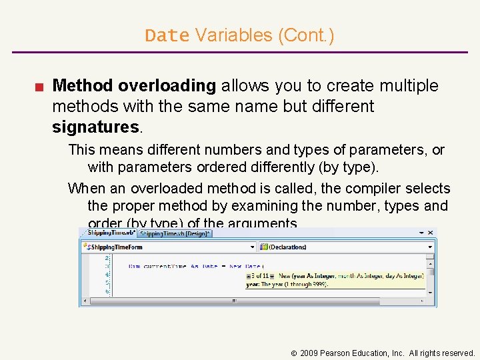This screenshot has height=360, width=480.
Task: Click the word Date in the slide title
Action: click(x=167, y=35)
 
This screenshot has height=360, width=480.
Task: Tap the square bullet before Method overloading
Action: click(x=40, y=87)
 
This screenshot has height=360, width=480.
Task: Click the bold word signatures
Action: click(x=95, y=126)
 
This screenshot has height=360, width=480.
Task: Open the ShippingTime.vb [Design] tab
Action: click(x=175, y=233)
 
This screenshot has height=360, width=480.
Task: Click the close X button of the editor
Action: click(x=431, y=233)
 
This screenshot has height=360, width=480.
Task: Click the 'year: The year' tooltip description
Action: click(x=287, y=284)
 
